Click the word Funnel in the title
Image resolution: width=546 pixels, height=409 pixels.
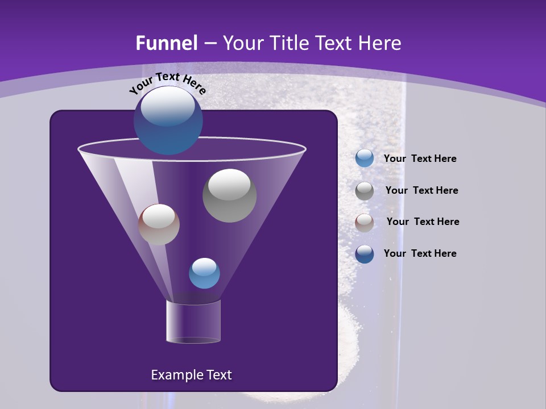167,43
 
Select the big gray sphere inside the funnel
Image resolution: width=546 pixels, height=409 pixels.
229,196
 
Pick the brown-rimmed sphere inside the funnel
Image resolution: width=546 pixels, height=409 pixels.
159,225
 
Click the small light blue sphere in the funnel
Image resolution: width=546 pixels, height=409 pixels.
204,273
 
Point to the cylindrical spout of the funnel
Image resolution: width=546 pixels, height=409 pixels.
193,322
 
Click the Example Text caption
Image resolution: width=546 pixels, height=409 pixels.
191,375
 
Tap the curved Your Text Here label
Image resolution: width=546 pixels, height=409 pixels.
167,83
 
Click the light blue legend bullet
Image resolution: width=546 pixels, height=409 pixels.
365,158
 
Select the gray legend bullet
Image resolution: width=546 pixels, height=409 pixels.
365,191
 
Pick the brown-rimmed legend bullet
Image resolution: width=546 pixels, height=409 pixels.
365,223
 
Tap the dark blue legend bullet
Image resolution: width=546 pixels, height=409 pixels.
365,254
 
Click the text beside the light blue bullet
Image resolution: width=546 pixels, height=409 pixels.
420,159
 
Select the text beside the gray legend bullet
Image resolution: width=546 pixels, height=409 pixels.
421,191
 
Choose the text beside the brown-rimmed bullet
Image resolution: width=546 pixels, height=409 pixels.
423,222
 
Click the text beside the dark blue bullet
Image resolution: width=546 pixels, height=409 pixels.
420,254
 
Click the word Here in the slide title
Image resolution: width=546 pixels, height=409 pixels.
380,43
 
